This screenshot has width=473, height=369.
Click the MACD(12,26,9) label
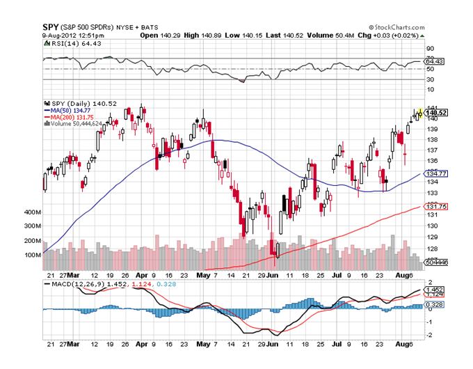pos(78,285)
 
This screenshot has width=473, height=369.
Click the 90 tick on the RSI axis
pos(431,49)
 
